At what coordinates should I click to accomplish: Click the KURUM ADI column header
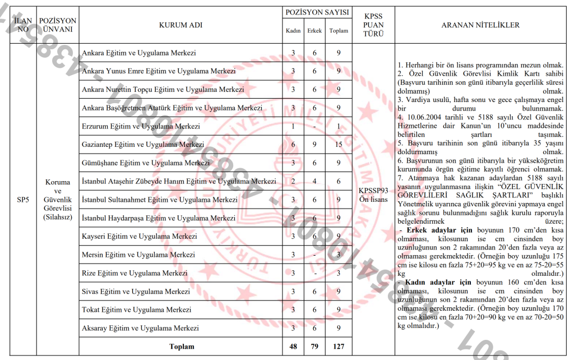(180, 25)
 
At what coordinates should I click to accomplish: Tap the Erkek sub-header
(314, 31)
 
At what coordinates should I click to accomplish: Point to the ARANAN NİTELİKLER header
(480, 25)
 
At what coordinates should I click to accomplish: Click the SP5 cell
(23, 199)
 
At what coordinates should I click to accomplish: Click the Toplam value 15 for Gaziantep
(338, 145)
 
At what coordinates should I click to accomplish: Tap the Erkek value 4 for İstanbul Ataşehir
(314, 181)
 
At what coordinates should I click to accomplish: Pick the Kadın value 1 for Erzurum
(293, 126)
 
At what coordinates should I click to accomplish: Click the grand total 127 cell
(338, 347)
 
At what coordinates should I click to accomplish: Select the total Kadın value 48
(293, 347)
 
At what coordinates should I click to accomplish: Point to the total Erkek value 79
(314, 347)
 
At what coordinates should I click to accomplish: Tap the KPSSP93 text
(373, 191)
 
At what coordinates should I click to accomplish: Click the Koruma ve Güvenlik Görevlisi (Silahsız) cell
(58, 199)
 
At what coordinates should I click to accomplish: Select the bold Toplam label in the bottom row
(182, 347)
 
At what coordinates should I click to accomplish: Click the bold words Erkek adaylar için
(438, 230)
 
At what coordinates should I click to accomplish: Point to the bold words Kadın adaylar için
(438, 283)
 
